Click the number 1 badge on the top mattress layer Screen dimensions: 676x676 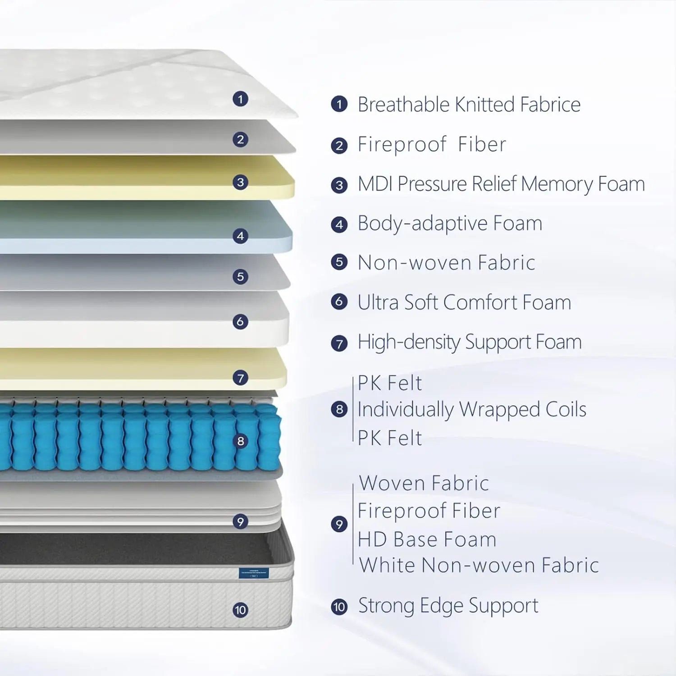tap(240, 99)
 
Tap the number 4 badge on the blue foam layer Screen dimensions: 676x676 tap(240, 236)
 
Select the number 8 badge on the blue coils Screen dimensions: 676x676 tap(240, 441)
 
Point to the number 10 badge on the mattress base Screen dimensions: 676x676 tap(240, 610)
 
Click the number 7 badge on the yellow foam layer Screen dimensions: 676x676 tap(240, 378)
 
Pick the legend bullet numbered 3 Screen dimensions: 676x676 tap(339, 185)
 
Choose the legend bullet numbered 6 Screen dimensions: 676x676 tap(339, 301)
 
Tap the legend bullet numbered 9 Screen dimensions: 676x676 tap(339, 524)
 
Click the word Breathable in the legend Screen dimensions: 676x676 tap(404, 105)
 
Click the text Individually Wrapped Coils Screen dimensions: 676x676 tap(472, 410)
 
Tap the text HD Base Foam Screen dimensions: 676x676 tap(427, 539)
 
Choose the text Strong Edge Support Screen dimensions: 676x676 tap(448, 606)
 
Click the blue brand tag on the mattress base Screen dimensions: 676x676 tap(254, 573)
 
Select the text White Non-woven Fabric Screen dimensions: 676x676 tap(479, 565)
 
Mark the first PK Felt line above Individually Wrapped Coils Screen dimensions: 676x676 tap(390, 384)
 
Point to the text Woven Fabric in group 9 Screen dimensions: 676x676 tap(424, 483)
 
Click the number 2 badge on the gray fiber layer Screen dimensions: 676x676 tap(240, 139)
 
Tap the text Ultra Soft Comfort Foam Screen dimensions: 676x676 tap(464, 302)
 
